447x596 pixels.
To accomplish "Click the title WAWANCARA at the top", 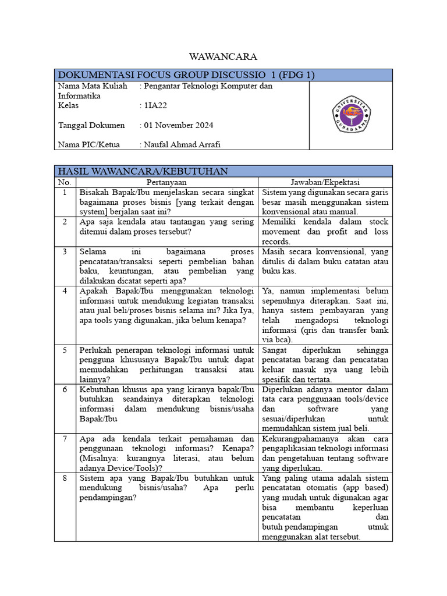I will click(x=223, y=56).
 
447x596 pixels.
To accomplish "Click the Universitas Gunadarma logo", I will click(x=350, y=115).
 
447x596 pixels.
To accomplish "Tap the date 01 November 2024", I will click(x=178, y=125).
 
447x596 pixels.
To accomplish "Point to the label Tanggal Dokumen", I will click(x=91, y=125).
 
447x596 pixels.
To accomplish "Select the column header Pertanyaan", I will click(x=166, y=182).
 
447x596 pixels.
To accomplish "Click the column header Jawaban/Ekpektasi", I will click(x=325, y=182).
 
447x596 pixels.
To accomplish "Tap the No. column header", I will click(x=65, y=182).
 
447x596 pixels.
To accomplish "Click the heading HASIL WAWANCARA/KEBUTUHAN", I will click(x=143, y=171).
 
